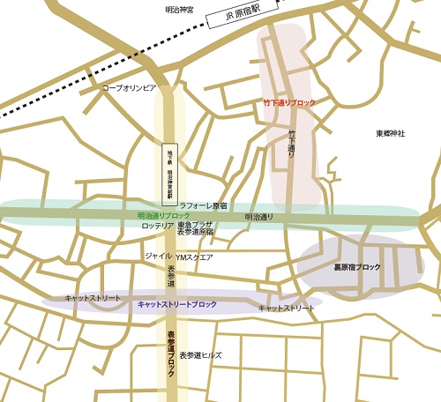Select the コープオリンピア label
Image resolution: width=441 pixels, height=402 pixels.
(x=130, y=88)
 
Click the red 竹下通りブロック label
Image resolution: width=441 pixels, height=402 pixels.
(x=289, y=103)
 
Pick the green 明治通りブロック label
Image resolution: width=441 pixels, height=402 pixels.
(x=164, y=215)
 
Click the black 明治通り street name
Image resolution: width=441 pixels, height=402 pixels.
(x=258, y=216)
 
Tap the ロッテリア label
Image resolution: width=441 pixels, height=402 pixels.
(x=158, y=226)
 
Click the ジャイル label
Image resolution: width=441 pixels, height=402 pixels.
(x=157, y=256)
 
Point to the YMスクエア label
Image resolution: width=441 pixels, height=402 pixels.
(x=194, y=257)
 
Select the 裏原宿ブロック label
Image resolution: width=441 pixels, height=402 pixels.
(x=356, y=266)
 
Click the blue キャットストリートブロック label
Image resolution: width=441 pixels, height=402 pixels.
(x=177, y=304)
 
